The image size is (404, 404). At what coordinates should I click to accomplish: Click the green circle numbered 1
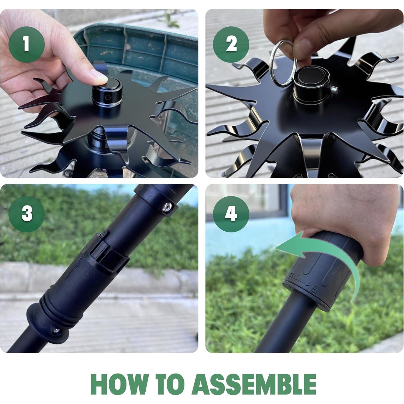coord(26,44)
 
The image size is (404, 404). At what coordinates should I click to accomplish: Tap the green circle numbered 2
coord(231,44)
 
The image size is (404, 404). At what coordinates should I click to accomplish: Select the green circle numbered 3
coord(26,214)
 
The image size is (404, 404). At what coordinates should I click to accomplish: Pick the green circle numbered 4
coord(231,214)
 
